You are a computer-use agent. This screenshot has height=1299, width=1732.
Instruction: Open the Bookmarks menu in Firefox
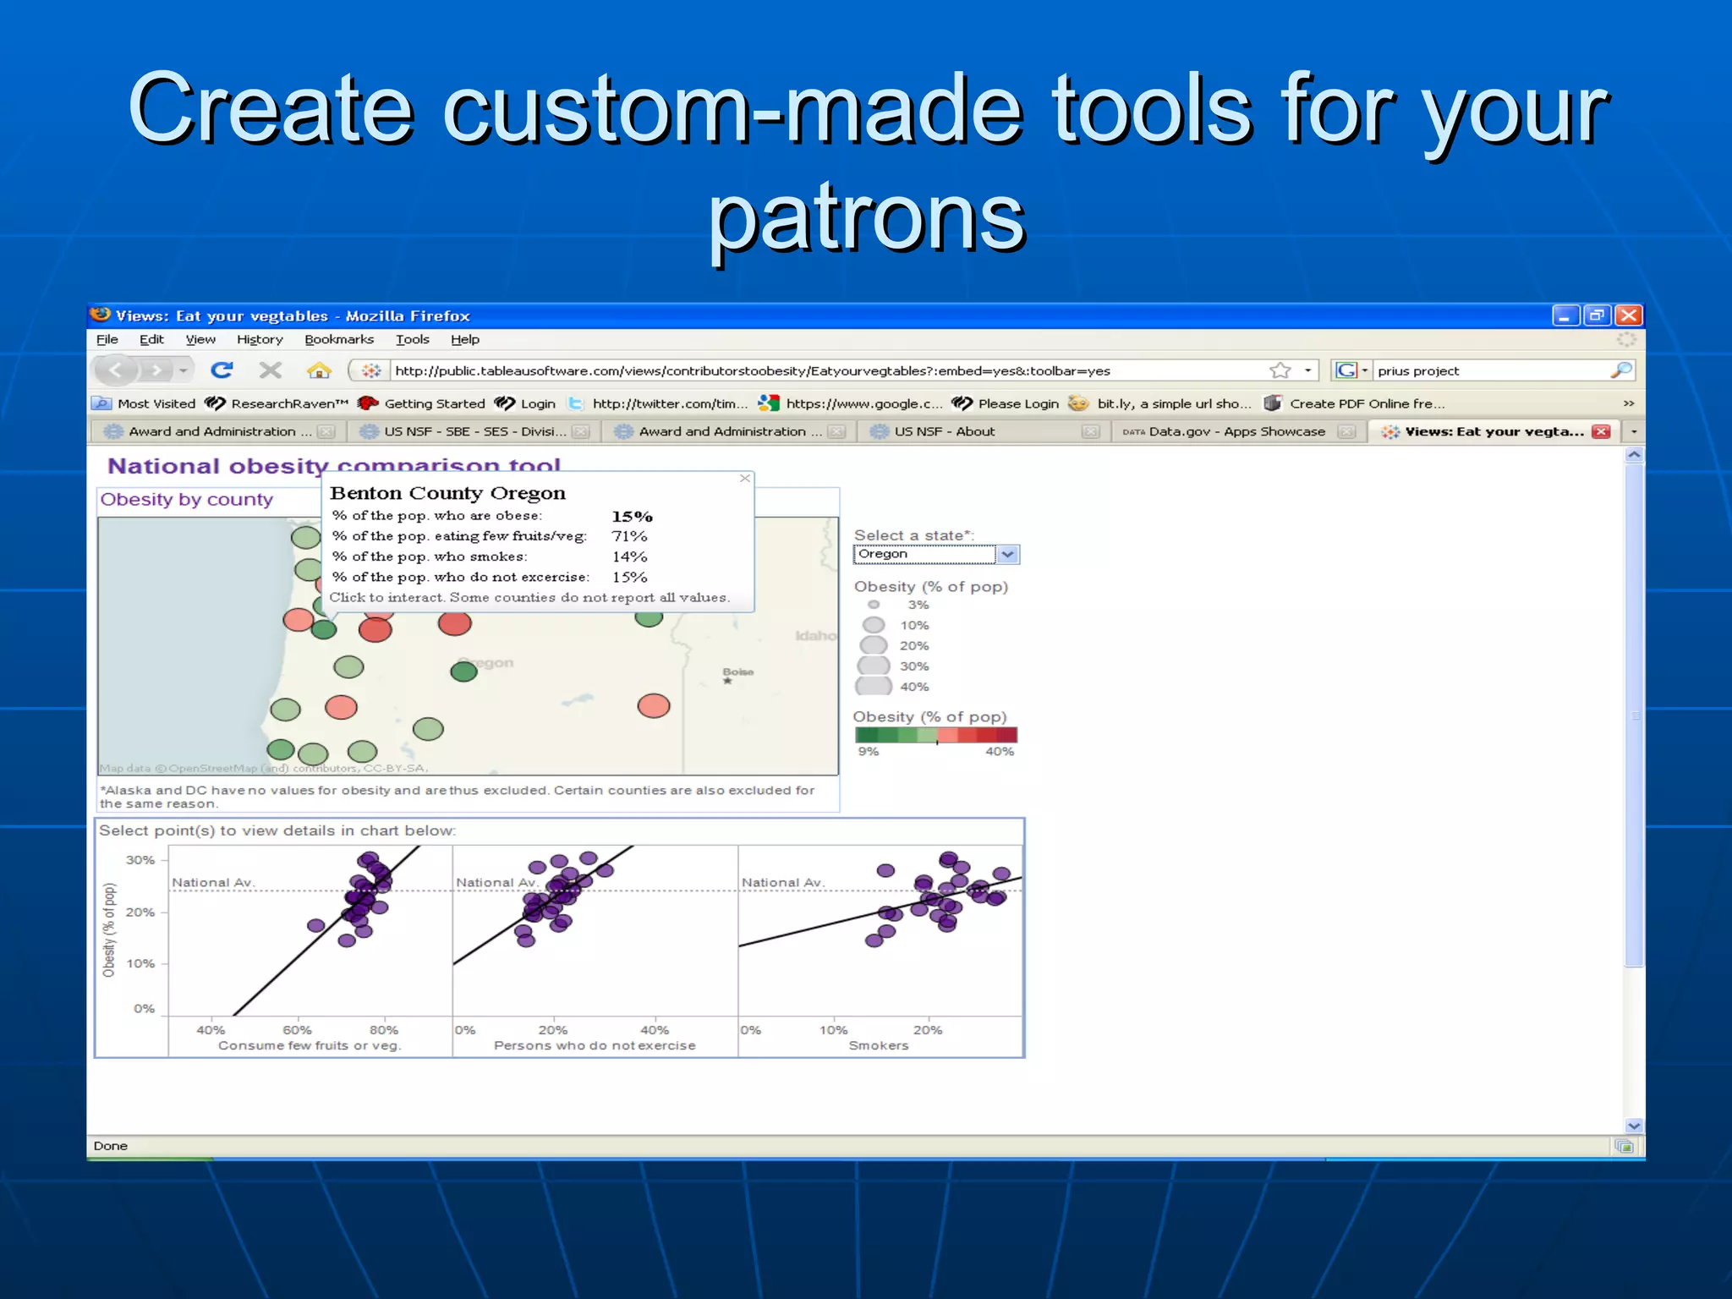click(x=338, y=339)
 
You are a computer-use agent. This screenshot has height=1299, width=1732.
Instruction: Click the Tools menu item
click(x=412, y=339)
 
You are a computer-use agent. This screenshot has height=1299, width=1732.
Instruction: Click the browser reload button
click(x=222, y=370)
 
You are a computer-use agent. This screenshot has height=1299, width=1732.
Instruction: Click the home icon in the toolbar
click(x=319, y=370)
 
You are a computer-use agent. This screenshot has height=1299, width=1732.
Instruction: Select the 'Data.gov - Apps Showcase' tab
click(x=1236, y=431)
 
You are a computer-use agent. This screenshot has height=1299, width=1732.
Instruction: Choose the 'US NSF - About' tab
click(x=944, y=431)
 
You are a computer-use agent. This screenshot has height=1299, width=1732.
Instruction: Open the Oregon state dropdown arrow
click(x=1007, y=555)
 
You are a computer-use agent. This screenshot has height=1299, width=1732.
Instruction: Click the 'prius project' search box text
click(x=1418, y=370)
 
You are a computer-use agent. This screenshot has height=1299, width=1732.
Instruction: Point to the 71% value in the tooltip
click(x=629, y=536)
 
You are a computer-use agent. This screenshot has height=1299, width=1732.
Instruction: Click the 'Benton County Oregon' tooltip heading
click(x=447, y=493)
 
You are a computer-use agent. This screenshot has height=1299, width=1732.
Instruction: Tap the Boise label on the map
click(x=737, y=671)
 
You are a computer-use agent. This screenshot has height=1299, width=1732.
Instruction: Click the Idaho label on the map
click(x=814, y=635)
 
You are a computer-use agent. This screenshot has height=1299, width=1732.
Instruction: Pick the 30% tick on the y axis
click(x=140, y=860)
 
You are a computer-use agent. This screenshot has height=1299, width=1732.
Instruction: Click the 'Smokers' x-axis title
click(x=878, y=1045)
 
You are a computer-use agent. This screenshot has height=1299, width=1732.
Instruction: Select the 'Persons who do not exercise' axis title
click(x=595, y=1045)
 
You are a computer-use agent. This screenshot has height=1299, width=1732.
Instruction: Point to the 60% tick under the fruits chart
click(x=297, y=1030)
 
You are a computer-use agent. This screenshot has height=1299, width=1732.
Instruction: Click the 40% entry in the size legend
click(x=913, y=687)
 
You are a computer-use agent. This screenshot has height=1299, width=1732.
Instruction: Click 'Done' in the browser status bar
click(x=111, y=1146)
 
